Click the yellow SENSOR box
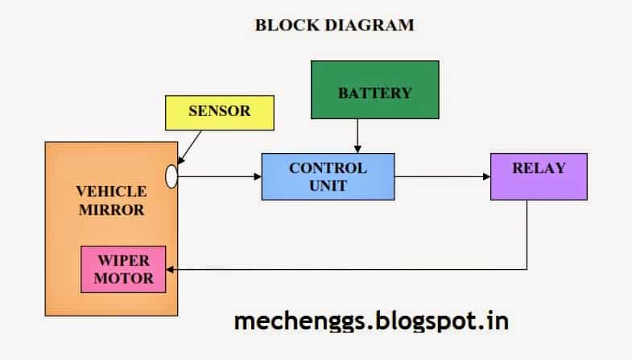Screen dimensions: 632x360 (220, 113)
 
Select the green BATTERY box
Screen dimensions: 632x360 (375, 90)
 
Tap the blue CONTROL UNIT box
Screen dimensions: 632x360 (328, 176)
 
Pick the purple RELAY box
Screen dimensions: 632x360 (539, 176)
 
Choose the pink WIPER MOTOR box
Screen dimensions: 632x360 (123, 269)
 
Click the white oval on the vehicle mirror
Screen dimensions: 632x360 (171, 176)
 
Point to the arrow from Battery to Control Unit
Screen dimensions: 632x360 (357, 136)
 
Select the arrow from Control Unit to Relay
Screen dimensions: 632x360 (443, 176)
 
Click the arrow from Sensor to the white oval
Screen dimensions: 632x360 (189, 147)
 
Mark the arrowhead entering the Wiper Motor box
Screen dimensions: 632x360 (170, 269)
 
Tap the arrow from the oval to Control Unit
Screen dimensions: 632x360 (220, 176)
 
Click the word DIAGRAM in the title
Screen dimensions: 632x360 (370, 25)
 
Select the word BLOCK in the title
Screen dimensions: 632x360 (287, 25)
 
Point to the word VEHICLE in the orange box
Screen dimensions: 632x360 (111, 192)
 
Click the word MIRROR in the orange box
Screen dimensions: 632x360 (111, 209)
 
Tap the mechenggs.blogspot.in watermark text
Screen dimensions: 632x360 (371, 321)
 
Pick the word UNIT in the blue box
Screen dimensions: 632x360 (328, 186)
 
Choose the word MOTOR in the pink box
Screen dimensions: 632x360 (124, 278)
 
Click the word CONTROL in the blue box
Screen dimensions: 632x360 (328, 168)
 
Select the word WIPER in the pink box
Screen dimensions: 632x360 (124, 260)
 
